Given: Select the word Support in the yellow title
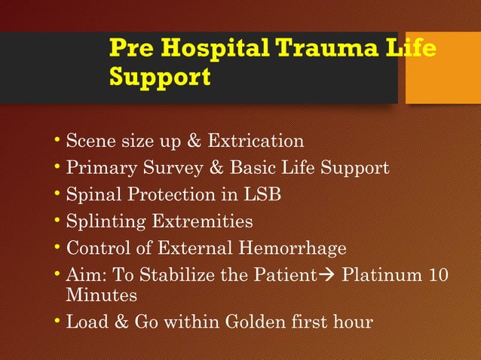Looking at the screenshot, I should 160,77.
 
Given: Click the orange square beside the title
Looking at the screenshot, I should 443,68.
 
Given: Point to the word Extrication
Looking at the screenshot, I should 256,141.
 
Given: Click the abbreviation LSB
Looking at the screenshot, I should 262,194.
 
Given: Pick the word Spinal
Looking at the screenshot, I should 90,194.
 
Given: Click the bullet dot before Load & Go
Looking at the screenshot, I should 59,322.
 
